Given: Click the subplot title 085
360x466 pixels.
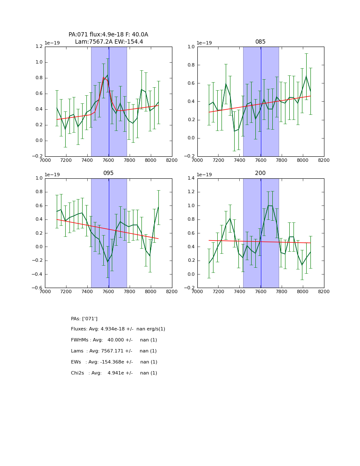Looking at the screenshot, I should pyautogui.click(x=260, y=42).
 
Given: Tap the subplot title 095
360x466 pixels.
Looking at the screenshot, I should pyautogui.click(x=108, y=173).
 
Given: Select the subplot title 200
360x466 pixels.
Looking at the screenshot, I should pyautogui.click(x=260, y=173).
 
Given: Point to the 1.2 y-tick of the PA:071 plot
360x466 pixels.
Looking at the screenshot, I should pyautogui.click(x=39, y=47).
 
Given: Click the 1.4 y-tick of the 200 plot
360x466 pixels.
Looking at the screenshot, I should pyautogui.click(x=191, y=178).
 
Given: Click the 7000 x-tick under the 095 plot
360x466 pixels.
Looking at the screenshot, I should pyautogui.click(x=45, y=291).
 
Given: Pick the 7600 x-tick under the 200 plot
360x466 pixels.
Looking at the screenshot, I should pyautogui.click(x=260, y=291).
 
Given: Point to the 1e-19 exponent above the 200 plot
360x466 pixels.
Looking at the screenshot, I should pyautogui.click(x=205, y=175).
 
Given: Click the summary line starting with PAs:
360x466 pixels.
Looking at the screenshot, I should pyautogui.click(x=84, y=319).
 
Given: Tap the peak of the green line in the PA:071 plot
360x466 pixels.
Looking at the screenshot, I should pyautogui.click(x=107, y=75).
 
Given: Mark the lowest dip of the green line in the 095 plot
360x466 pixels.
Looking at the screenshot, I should pyautogui.click(x=108, y=262).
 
